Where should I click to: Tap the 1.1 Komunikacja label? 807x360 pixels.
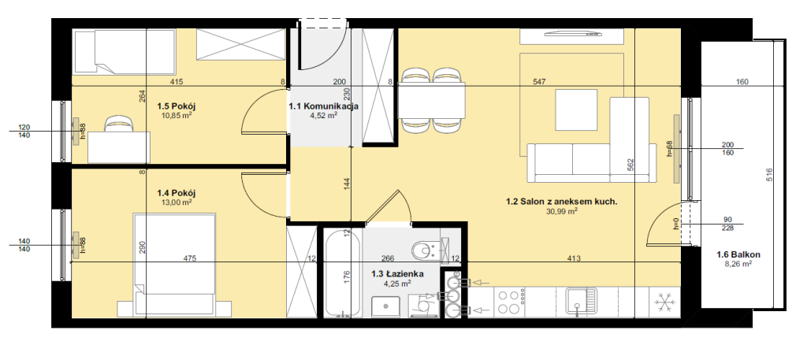click(322, 107)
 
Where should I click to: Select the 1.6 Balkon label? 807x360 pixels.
click(738, 254)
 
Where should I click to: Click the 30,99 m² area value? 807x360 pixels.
click(561, 211)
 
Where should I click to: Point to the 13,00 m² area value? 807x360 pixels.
click(177, 202)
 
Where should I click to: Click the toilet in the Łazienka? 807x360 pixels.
click(425, 251)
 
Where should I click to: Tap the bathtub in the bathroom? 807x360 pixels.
click(343, 273)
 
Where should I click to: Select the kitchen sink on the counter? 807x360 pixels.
click(581, 300)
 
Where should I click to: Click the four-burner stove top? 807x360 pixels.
click(510, 302)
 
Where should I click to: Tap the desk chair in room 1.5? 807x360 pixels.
click(120, 124)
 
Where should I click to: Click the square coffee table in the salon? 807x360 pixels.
click(576, 110)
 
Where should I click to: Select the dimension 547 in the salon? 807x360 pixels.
click(539, 81)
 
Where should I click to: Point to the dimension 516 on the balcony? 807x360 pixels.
click(770, 175)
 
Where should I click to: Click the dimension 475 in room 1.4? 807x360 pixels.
click(189, 258)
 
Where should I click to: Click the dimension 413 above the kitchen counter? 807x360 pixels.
click(574, 258)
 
